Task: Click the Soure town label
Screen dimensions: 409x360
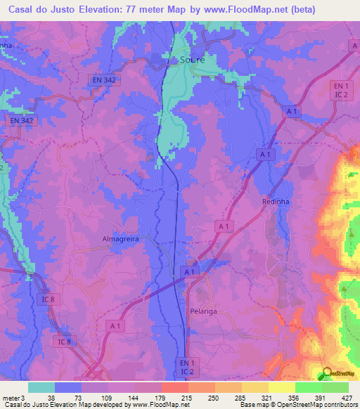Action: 192,60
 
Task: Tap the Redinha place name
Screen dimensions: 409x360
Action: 276,202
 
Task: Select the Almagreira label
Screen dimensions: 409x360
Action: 122,239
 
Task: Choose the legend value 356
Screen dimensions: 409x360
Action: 292,397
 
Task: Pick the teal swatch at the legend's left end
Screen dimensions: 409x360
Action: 41,387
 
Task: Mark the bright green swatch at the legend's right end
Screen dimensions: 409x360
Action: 335,387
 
